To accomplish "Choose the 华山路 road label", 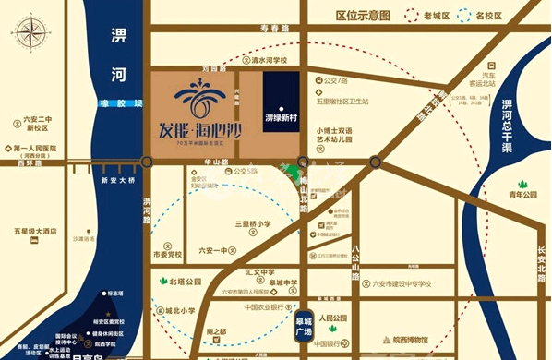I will pos(189,160).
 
